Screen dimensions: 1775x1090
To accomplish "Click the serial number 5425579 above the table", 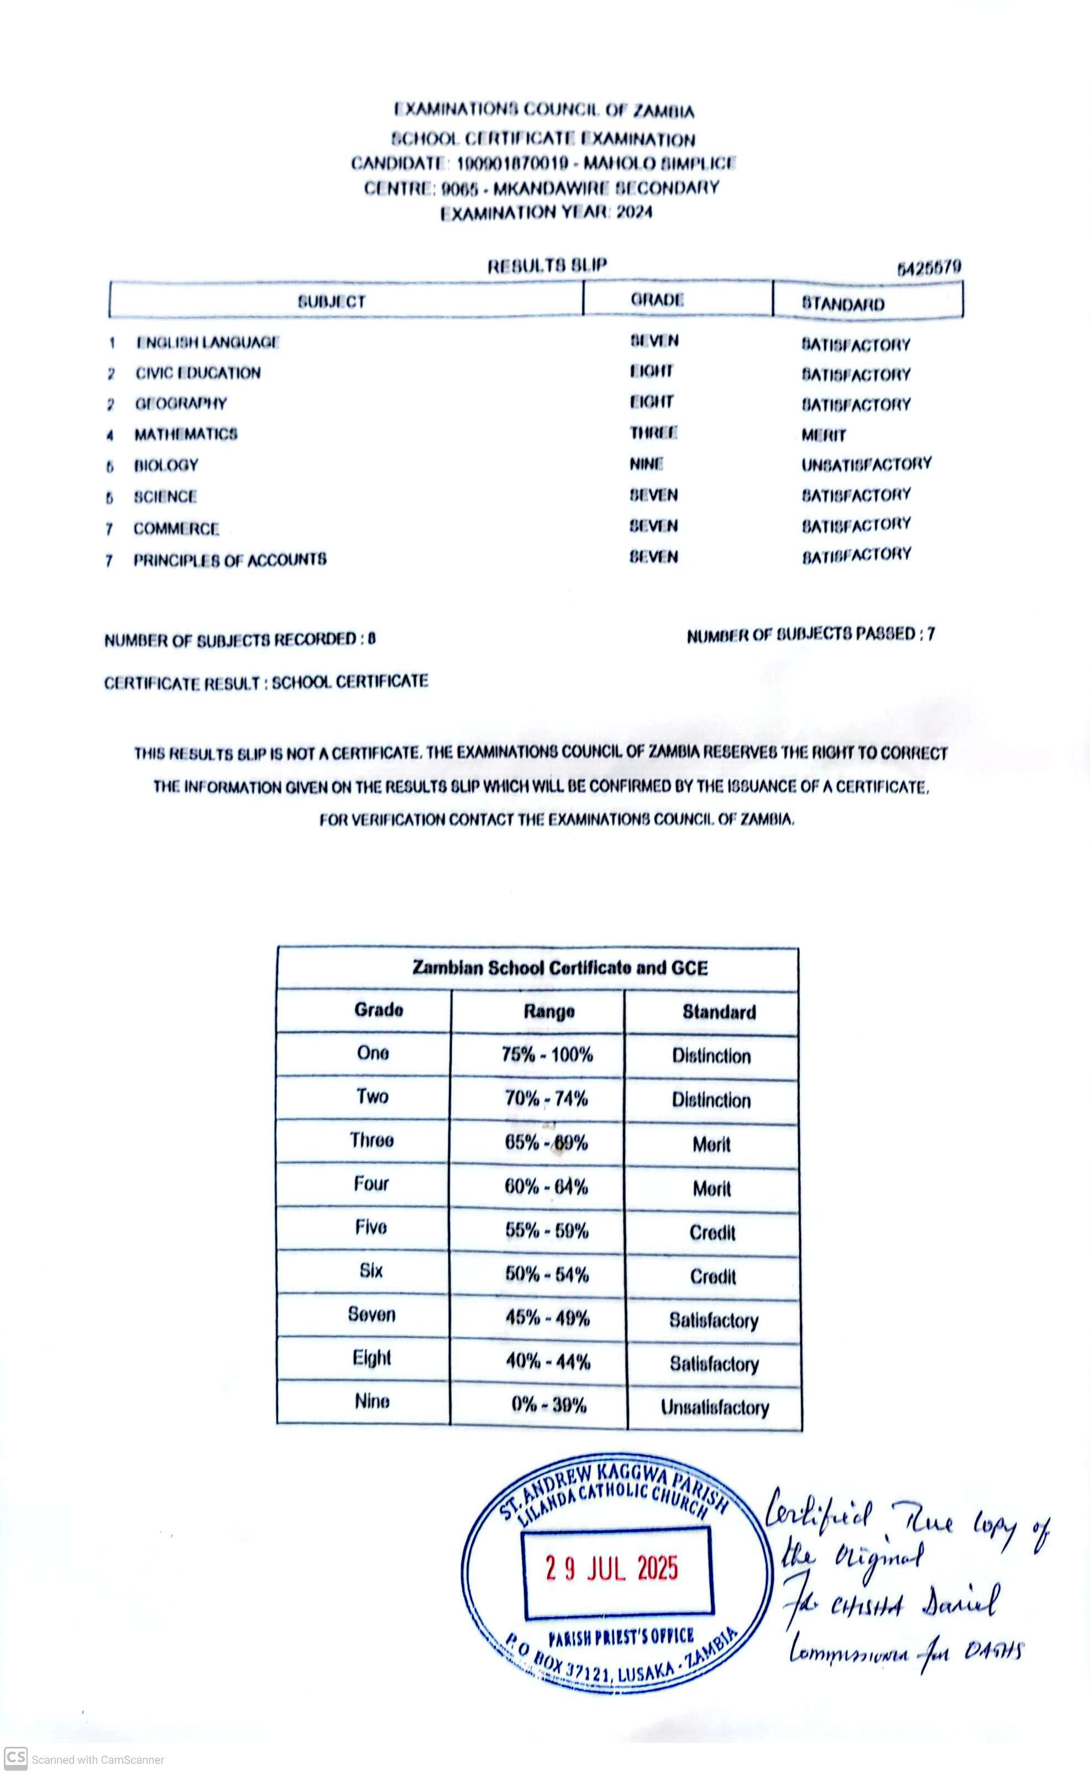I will [x=929, y=269].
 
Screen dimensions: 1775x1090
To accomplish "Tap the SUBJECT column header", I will [x=332, y=301].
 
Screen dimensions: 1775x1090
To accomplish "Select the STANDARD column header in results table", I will [x=843, y=303].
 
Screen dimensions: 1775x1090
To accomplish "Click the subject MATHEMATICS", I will [x=185, y=434].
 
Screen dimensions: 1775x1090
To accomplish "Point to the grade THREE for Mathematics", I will [x=653, y=432].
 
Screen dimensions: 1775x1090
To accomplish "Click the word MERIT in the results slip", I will [x=823, y=434].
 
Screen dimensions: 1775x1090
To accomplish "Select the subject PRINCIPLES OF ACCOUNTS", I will [x=229, y=559].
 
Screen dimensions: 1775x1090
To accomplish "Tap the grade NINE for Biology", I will [x=646, y=464].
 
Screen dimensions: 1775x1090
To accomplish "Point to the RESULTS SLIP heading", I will [x=547, y=266].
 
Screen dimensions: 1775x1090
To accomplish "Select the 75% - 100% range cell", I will [x=547, y=1054].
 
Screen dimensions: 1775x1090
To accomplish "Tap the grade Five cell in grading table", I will [x=370, y=1227].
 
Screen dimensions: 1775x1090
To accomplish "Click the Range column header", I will [x=549, y=1011].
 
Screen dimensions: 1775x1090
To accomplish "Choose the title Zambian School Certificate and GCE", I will [x=559, y=967].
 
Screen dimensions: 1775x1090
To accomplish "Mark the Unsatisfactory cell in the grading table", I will [x=714, y=1407].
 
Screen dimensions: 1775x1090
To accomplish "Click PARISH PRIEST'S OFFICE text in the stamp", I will [x=621, y=1637].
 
